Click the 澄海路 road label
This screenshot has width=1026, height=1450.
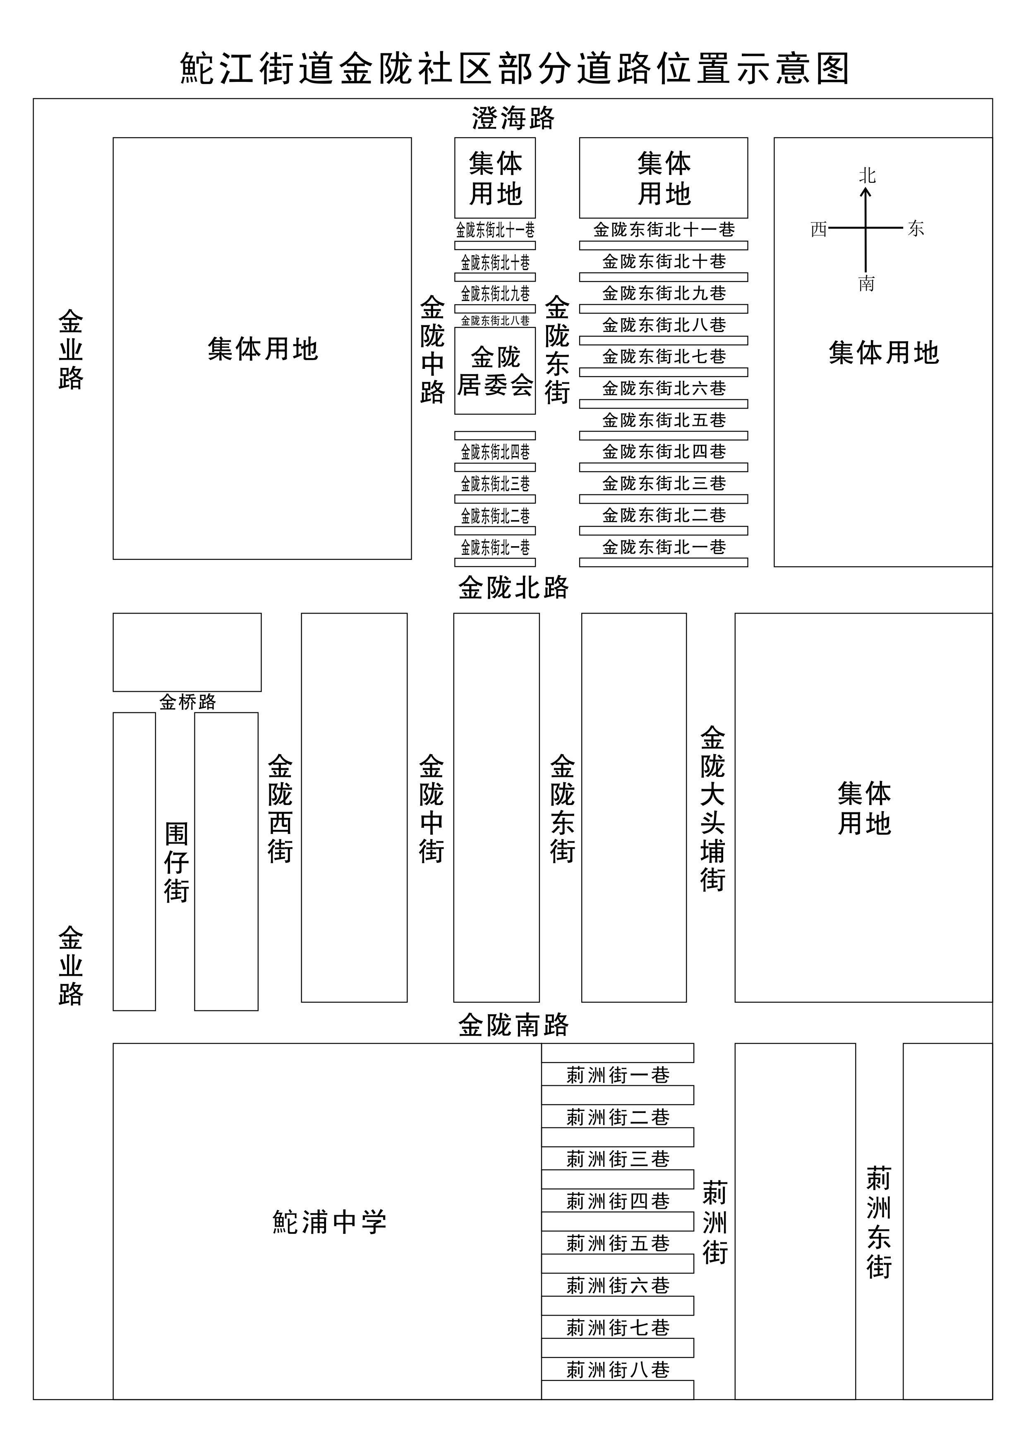click(513, 118)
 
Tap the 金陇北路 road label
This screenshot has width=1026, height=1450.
click(513, 588)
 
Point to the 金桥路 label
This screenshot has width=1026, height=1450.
click(188, 702)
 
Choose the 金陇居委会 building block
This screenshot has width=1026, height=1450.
click(495, 371)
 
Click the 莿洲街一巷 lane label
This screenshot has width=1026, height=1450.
click(617, 1075)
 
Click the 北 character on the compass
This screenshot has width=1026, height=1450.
click(867, 176)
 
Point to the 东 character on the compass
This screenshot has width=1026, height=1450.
click(916, 229)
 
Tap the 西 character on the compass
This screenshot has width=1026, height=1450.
click(818, 229)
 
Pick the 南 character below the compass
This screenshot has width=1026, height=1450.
click(866, 284)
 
